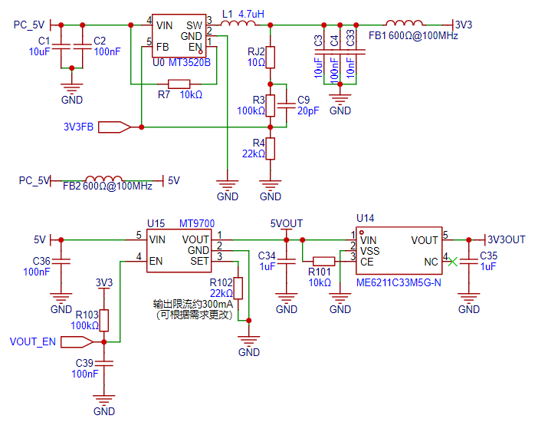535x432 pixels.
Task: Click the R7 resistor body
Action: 179,84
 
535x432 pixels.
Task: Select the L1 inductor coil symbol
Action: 238,23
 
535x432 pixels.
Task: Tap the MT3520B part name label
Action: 190,63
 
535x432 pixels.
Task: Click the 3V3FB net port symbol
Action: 115,127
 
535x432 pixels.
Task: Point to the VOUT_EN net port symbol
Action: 77,342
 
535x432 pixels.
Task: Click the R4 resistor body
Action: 271,149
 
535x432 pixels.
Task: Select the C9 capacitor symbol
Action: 286,106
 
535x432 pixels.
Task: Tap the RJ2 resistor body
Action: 271,57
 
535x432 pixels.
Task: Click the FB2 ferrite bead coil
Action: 103,179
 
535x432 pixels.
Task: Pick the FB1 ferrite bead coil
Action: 405,23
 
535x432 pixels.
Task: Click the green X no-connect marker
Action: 452,262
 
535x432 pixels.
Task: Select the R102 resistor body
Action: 238,289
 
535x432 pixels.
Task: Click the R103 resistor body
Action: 104,320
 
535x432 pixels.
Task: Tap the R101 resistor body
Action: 323,262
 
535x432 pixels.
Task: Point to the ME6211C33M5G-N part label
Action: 399,283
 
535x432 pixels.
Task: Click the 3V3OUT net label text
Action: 507,239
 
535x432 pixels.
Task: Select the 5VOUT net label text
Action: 286,224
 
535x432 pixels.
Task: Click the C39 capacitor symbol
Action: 104,363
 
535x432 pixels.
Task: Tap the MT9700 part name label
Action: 197,224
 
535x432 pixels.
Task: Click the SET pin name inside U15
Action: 199,261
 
